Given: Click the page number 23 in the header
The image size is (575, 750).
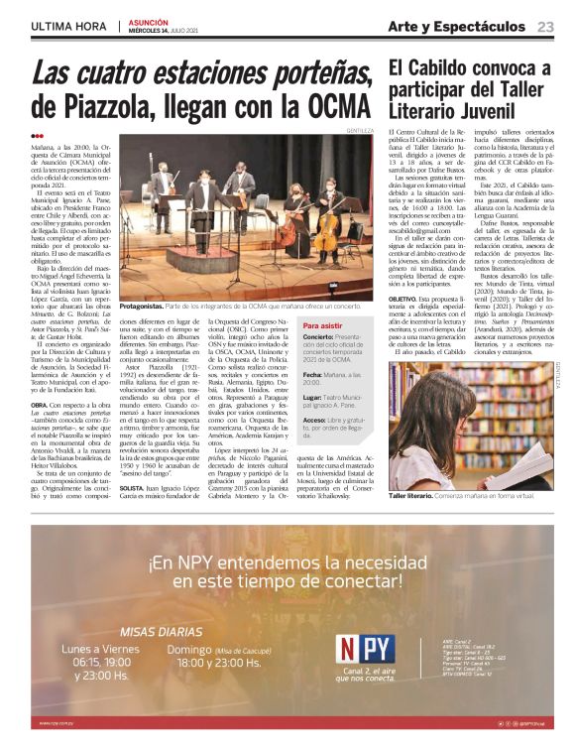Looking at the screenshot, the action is [x=545, y=26].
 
